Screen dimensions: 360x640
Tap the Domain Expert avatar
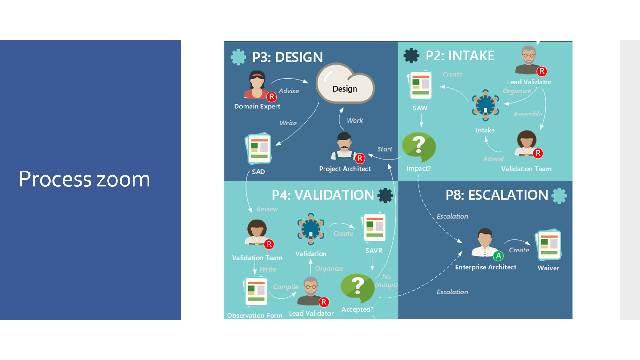pos(257,85)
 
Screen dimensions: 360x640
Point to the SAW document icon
pos(420,85)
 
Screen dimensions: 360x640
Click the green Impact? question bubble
pos(419,147)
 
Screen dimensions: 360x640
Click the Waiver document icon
pos(549,245)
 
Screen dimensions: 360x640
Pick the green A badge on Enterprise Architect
pos(498,256)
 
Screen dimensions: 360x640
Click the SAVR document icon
pos(374,228)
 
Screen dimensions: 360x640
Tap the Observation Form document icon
pos(256,292)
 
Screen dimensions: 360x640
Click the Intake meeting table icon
pos(485,105)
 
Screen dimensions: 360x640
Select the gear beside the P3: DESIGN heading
pos(238,57)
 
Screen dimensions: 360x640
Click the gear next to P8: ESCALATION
pos(559,196)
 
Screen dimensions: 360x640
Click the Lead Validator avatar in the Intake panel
pos(528,60)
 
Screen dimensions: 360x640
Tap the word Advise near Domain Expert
pos(288,91)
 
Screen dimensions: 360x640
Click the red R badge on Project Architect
pos(360,158)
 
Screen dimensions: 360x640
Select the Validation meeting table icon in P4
pos(311,229)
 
